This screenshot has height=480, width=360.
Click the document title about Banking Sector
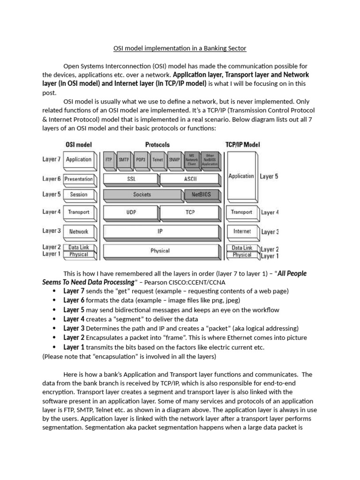coord(180,48)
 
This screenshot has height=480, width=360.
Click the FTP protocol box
coord(109,160)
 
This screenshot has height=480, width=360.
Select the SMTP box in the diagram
coord(124,160)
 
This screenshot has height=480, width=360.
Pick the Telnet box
coord(158,160)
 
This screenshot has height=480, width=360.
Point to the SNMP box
coord(174,160)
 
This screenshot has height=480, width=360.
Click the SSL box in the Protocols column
coord(131,179)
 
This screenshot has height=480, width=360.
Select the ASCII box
coord(189,179)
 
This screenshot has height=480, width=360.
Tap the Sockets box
coord(142,195)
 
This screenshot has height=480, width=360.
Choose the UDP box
coord(131,212)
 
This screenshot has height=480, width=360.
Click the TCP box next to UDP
coord(189,212)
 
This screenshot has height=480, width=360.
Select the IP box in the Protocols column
coord(160,232)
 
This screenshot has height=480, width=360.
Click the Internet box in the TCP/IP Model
coord(242,231)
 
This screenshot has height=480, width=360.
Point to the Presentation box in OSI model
coord(78,179)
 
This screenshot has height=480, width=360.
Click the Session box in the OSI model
coord(78,195)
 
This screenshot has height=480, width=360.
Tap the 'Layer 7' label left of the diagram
coord(52,159)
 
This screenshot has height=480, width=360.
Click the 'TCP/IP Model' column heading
coord(242,145)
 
